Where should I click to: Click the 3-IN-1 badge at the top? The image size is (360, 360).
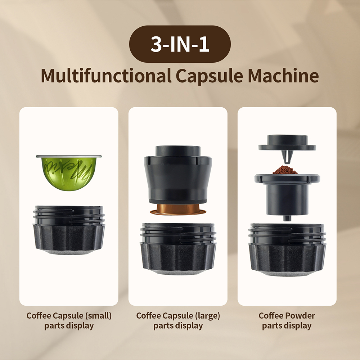tap(180, 44)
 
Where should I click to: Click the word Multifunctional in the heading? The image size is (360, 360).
tap(105, 76)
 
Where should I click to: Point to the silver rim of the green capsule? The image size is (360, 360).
tap(69, 156)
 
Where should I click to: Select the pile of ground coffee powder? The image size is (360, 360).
tap(285, 170)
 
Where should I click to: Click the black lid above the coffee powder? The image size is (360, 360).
tap(287, 143)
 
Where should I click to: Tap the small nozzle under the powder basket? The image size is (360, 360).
tap(287, 217)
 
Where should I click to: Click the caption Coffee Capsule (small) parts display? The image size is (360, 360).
tap(69, 321)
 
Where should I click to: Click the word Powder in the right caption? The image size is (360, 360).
tap(301, 316)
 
